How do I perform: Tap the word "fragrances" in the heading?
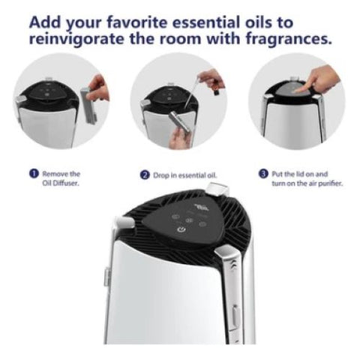[x=289, y=39]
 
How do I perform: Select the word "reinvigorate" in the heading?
[x=76, y=40]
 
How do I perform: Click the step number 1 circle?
[x=34, y=174]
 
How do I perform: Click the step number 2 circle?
[x=145, y=175]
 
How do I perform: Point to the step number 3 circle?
[x=263, y=174]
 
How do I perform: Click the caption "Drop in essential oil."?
[x=185, y=175]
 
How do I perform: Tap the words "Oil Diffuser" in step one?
[x=61, y=183]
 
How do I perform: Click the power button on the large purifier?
[x=181, y=229]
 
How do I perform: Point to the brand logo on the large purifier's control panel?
[x=199, y=207]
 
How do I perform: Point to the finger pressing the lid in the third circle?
[x=301, y=89]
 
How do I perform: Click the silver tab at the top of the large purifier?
[x=217, y=189]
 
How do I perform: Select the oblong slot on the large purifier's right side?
[x=235, y=317]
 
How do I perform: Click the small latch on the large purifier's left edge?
[x=107, y=276]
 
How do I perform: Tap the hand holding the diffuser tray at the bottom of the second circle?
[x=178, y=136]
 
